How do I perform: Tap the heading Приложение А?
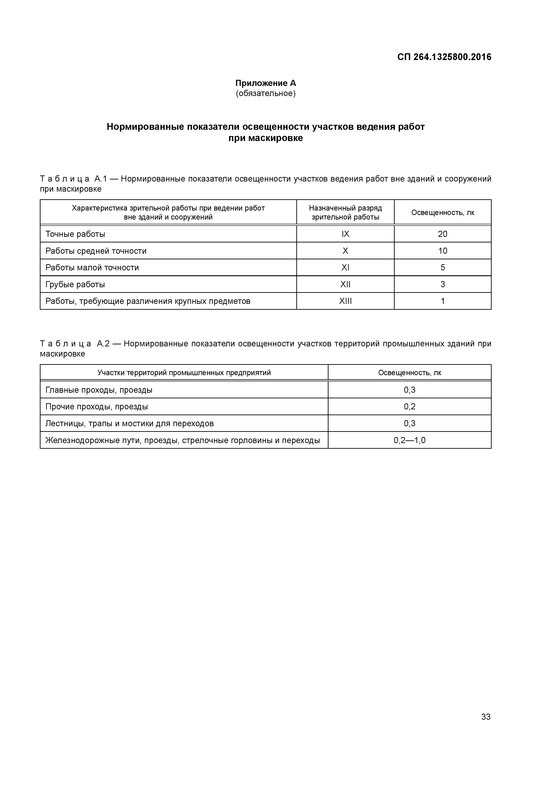[265, 83]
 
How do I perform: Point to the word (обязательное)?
[265, 94]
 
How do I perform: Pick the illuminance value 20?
[443, 234]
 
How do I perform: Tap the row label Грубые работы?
[75, 285]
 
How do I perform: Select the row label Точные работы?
[75, 234]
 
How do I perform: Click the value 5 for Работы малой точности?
[443, 267]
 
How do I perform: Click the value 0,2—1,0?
[409, 440]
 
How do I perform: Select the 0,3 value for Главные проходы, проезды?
[409, 390]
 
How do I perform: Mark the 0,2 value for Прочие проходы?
[409, 406]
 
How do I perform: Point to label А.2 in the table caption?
[103, 344]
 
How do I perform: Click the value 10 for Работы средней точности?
[443, 251]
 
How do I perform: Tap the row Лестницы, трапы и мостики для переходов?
[129, 423]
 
